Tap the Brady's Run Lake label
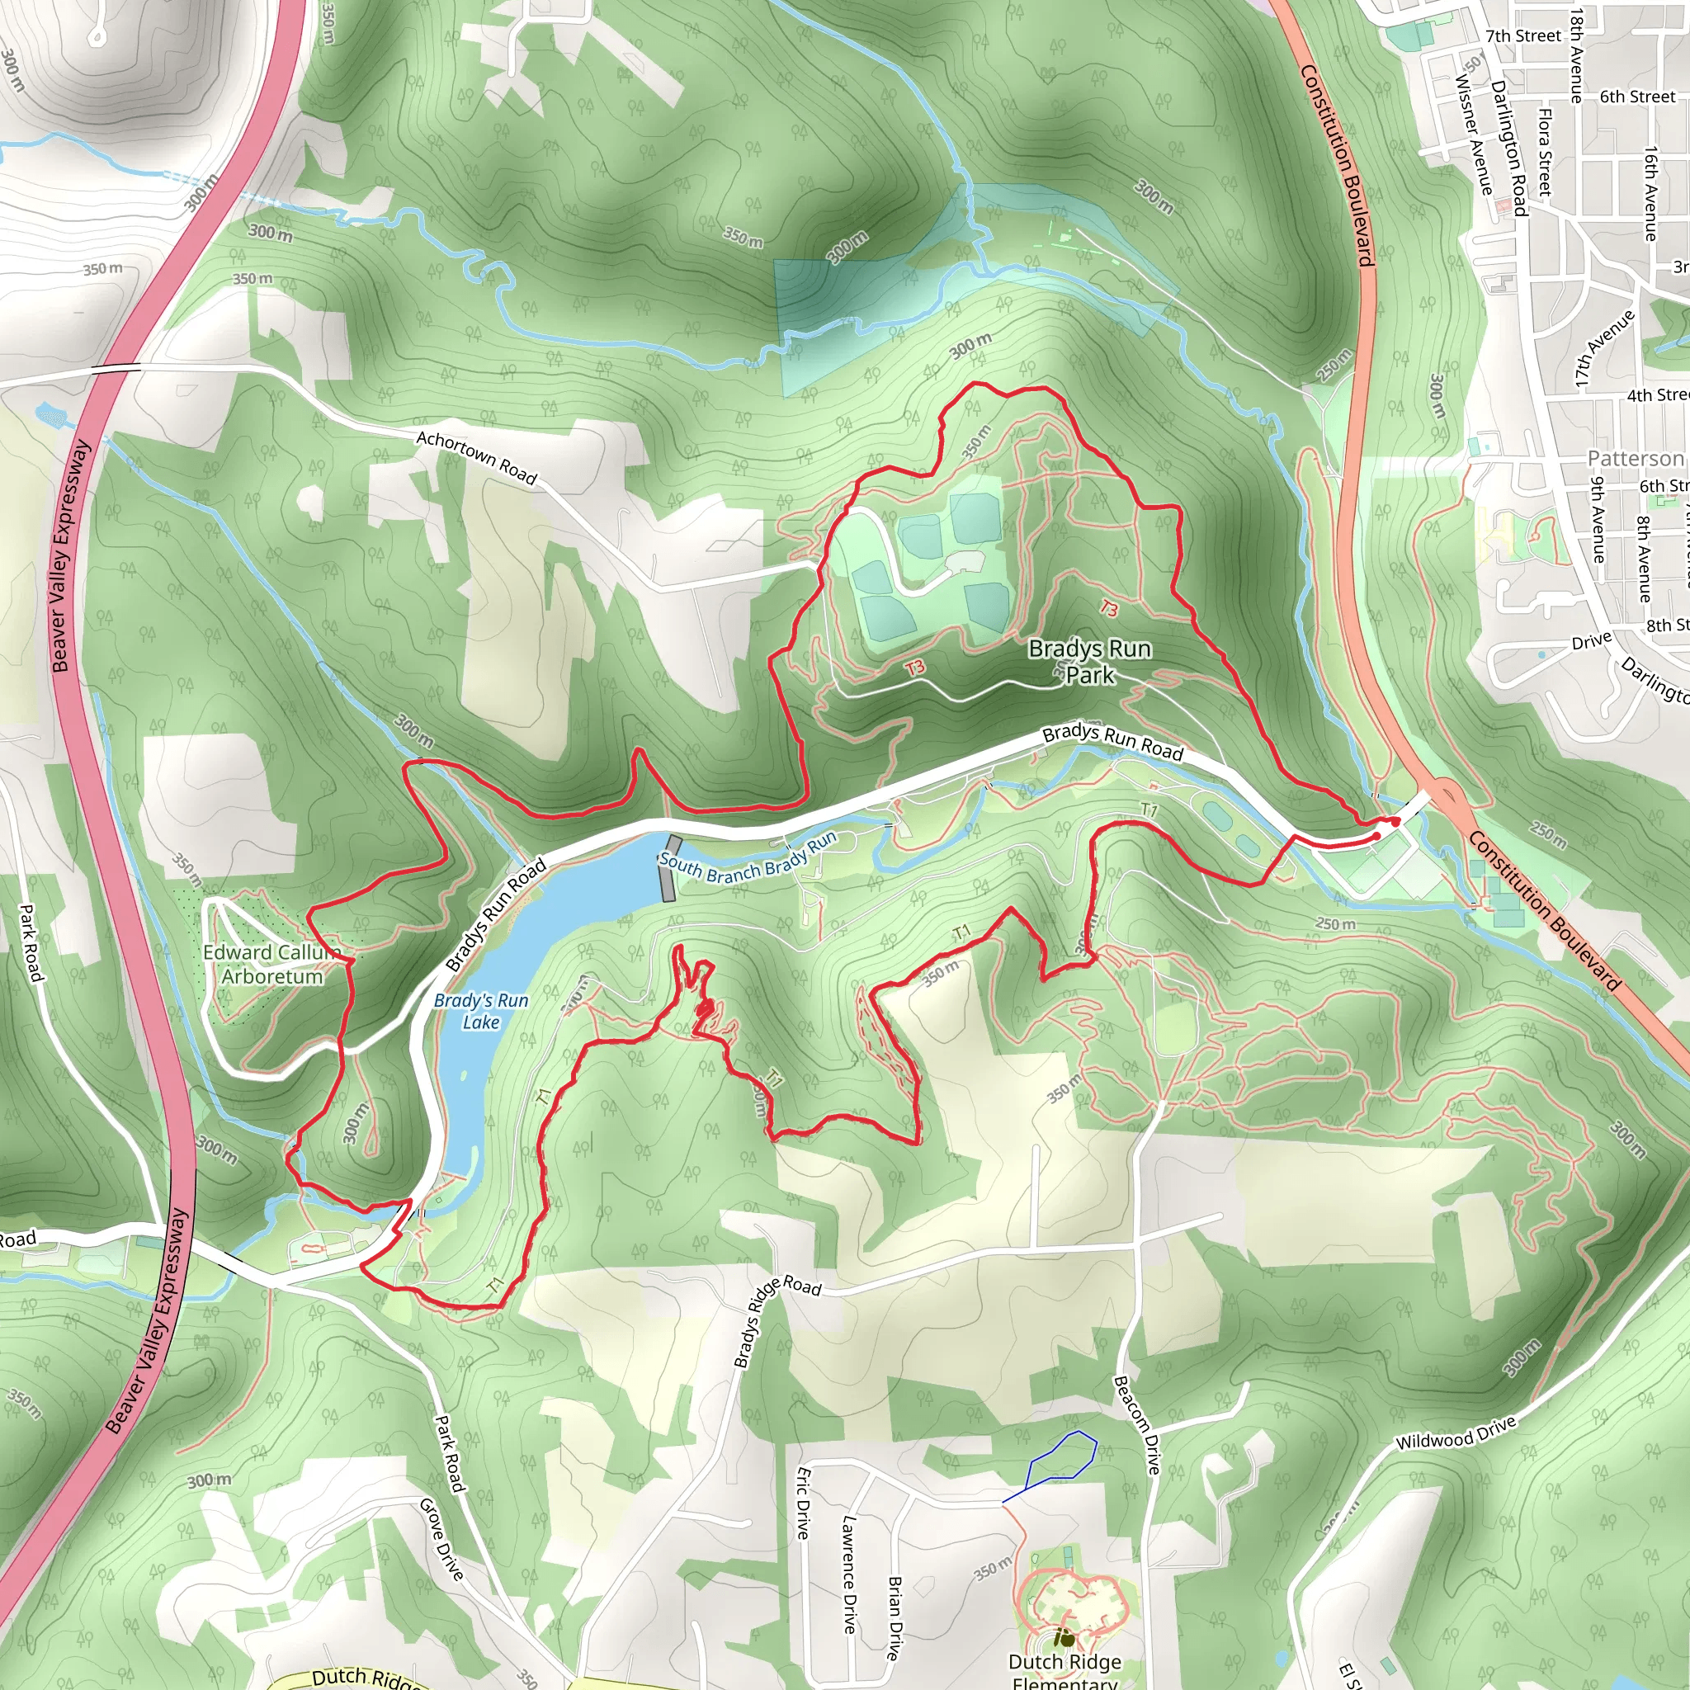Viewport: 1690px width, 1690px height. (x=481, y=1011)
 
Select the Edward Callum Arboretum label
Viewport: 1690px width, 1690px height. (x=271, y=964)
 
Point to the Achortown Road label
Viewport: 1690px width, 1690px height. (x=476, y=456)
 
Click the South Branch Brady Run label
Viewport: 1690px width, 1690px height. (x=748, y=859)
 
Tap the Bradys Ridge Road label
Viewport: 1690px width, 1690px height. (x=777, y=1321)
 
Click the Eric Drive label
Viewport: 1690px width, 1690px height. (x=803, y=1503)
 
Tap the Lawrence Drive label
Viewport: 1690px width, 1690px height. (x=847, y=1574)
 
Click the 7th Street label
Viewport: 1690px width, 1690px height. (x=1523, y=35)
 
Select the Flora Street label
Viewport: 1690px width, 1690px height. (x=1545, y=150)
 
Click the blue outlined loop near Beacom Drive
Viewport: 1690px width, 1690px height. (x=1062, y=1459)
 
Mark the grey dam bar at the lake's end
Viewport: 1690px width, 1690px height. (x=671, y=868)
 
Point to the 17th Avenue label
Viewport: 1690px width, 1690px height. (x=1604, y=347)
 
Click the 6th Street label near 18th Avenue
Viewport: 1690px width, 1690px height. (x=1637, y=97)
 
